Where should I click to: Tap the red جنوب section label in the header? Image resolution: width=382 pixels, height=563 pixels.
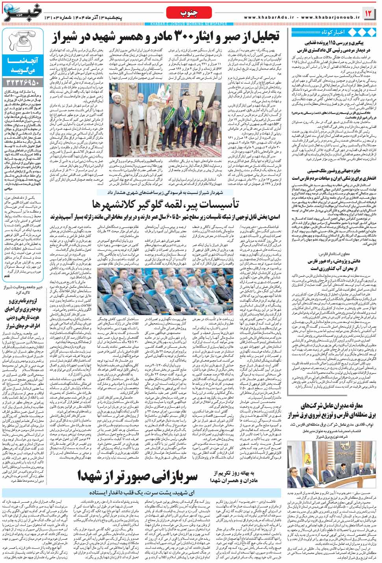coord(190,14)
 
